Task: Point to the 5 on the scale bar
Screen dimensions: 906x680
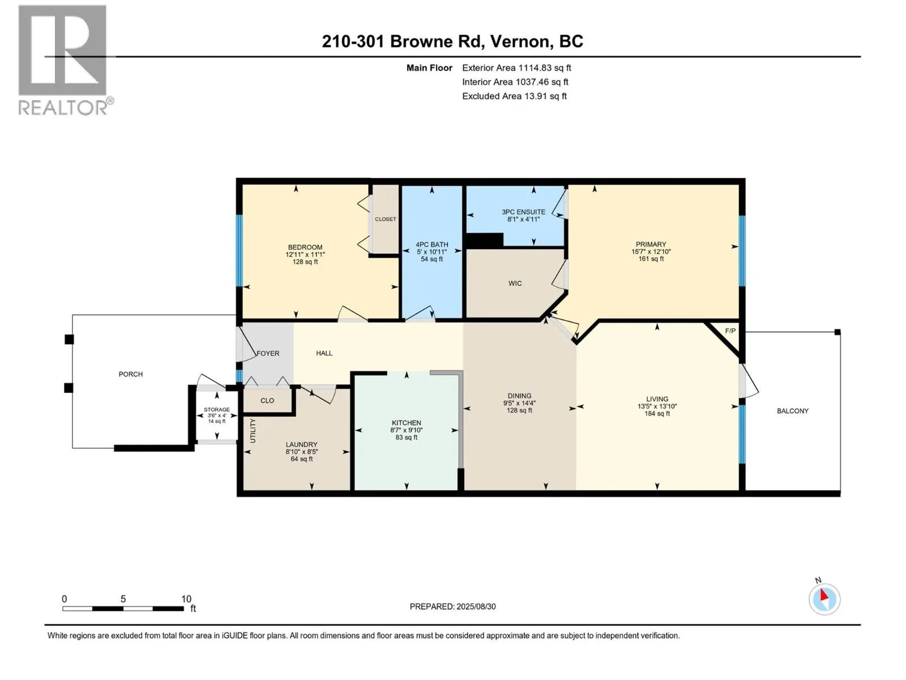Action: coord(123,598)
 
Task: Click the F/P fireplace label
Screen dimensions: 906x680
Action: coord(730,331)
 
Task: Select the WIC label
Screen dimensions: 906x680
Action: coord(515,283)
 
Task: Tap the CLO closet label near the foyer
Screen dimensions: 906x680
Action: coord(267,401)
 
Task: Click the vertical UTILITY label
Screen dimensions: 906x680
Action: coord(253,431)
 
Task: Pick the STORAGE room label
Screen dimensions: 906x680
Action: coord(217,410)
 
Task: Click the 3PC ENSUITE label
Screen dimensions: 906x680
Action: coord(523,212)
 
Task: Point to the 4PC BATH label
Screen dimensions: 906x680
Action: coord(431,244)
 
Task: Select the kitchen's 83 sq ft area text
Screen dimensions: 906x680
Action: coord(406,437)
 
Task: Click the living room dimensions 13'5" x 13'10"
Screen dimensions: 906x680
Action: coord(657,406)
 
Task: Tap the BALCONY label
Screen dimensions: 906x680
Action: coord(793,411)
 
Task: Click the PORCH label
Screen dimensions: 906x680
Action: coord(130,374)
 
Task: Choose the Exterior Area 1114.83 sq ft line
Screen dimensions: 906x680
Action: coord(516,67)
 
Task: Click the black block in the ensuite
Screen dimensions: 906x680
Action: coord(484,240)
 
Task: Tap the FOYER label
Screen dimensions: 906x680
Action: coord(268,354)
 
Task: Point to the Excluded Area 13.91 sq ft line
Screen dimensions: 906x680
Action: coord(514,96)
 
